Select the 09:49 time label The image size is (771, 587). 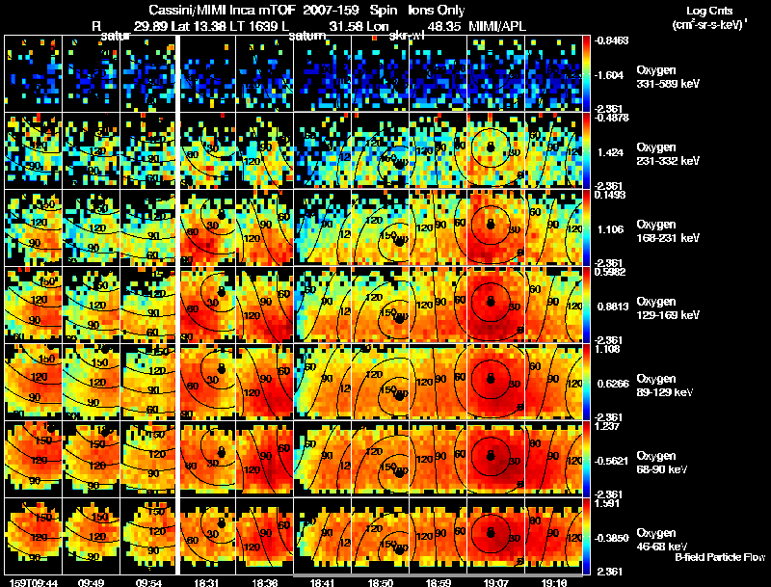[x=92, y=582]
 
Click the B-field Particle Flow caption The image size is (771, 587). [x=719, y=557]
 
